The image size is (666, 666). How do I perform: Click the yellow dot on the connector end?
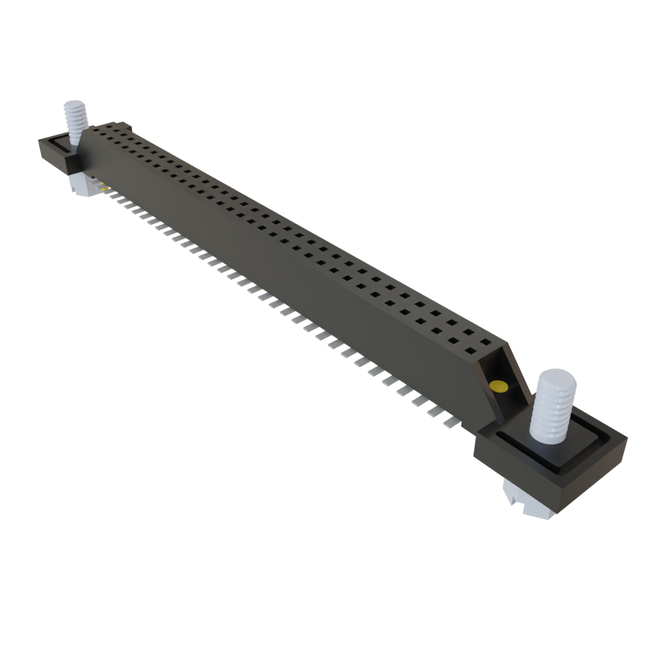499,387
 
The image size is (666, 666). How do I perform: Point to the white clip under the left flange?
81,186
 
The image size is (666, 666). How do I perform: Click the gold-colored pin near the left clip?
103,188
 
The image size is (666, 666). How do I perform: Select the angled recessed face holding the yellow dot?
504,384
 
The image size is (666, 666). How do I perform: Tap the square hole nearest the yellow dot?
485,341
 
